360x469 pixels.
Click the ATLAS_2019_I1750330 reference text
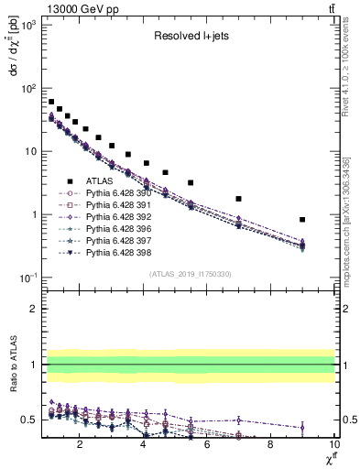pyautogui.click(x=190, y=274)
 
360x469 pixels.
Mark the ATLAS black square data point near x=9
pyautogui.click(x=302, y=220)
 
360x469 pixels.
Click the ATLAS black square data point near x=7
pyautogui.click(x=238, y=199)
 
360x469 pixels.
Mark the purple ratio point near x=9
pyautogui.click(x=302, y=427)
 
